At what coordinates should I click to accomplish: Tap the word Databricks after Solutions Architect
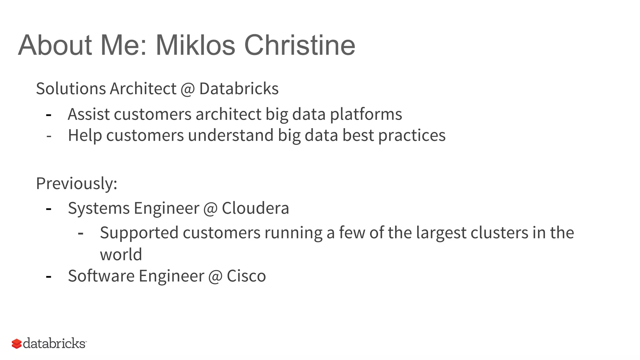click(x=239, y=88)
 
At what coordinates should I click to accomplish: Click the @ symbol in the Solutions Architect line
click(x=187, y=89)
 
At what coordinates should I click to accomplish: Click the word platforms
click(x=366, y=115)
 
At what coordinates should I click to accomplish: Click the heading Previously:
click(x=77, y=183)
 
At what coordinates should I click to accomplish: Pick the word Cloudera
click(x=255, y=208)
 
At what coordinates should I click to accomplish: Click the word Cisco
click(x=246, y=276)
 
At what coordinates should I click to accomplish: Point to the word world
click(x=121, y=254)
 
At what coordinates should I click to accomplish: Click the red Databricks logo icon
click(x=17, y=344)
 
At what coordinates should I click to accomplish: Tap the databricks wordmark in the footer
click(x=54, y=343)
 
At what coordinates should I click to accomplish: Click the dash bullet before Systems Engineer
click(x=48, y=209)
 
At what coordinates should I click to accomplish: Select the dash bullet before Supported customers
click(x=81, y=233)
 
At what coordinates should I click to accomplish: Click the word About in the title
click(x=55, y=45)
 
